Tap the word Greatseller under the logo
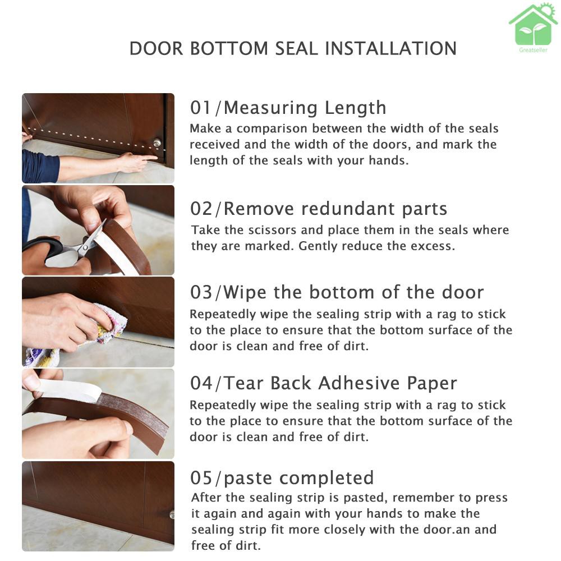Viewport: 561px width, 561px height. [x=533, y=50]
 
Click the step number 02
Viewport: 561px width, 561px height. [x=201, y=209]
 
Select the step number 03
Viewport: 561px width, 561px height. [x=201, y=292]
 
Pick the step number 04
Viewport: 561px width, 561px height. [x=201, y=383]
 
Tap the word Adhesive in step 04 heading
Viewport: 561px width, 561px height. [x=358, y=383]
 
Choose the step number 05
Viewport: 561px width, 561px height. [x=201, y=477]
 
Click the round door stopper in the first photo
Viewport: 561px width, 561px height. [x=157, y=143]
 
